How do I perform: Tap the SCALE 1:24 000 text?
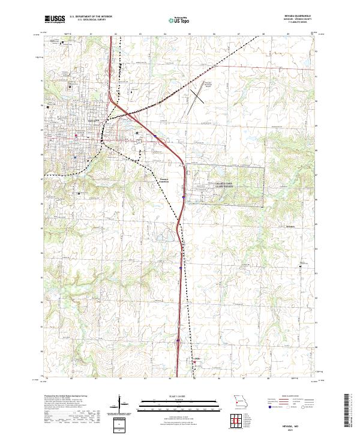tap(178, 397)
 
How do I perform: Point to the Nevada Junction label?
tap(164, 180)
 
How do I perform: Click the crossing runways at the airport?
tap(195, 96)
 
